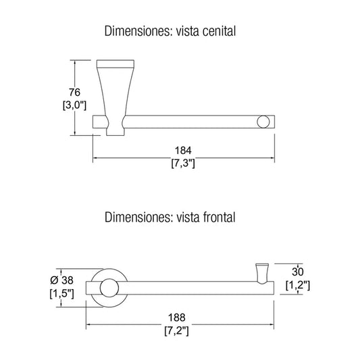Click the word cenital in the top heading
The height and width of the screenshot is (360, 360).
click(219, 31)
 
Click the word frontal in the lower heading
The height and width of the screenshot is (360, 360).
click(220, 217)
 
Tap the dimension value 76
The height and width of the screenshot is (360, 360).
click(74, 92)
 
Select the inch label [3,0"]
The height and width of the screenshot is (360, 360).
click(74, 105)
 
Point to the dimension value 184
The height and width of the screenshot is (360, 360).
click(183, 151)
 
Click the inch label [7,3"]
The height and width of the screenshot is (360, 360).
click(183, 163)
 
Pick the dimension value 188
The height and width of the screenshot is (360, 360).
click(176, 317)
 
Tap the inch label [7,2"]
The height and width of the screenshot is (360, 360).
click(176, 331)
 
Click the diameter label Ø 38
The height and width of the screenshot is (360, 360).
click(61, 280)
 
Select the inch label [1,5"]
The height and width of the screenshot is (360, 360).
click(61, 293)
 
